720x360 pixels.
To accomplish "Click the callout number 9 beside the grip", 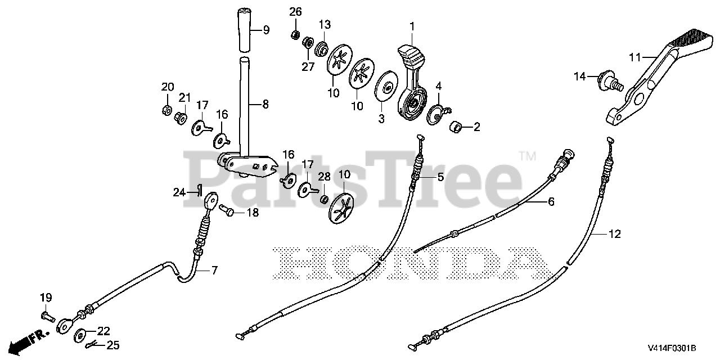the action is click(266, 29).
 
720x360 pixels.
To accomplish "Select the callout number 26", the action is click(296, 12).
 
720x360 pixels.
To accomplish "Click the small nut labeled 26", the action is click(295, 35).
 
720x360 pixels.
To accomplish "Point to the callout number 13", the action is click(325, 24).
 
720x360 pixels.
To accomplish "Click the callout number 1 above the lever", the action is click(412, 26).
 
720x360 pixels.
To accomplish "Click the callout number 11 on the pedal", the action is click(635, 57).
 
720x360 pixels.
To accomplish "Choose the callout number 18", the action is click(252, 213).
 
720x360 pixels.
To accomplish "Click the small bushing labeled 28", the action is click(324, 200).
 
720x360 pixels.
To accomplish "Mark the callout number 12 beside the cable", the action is click(615, 234).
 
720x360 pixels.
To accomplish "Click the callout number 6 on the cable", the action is click(551, 201).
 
